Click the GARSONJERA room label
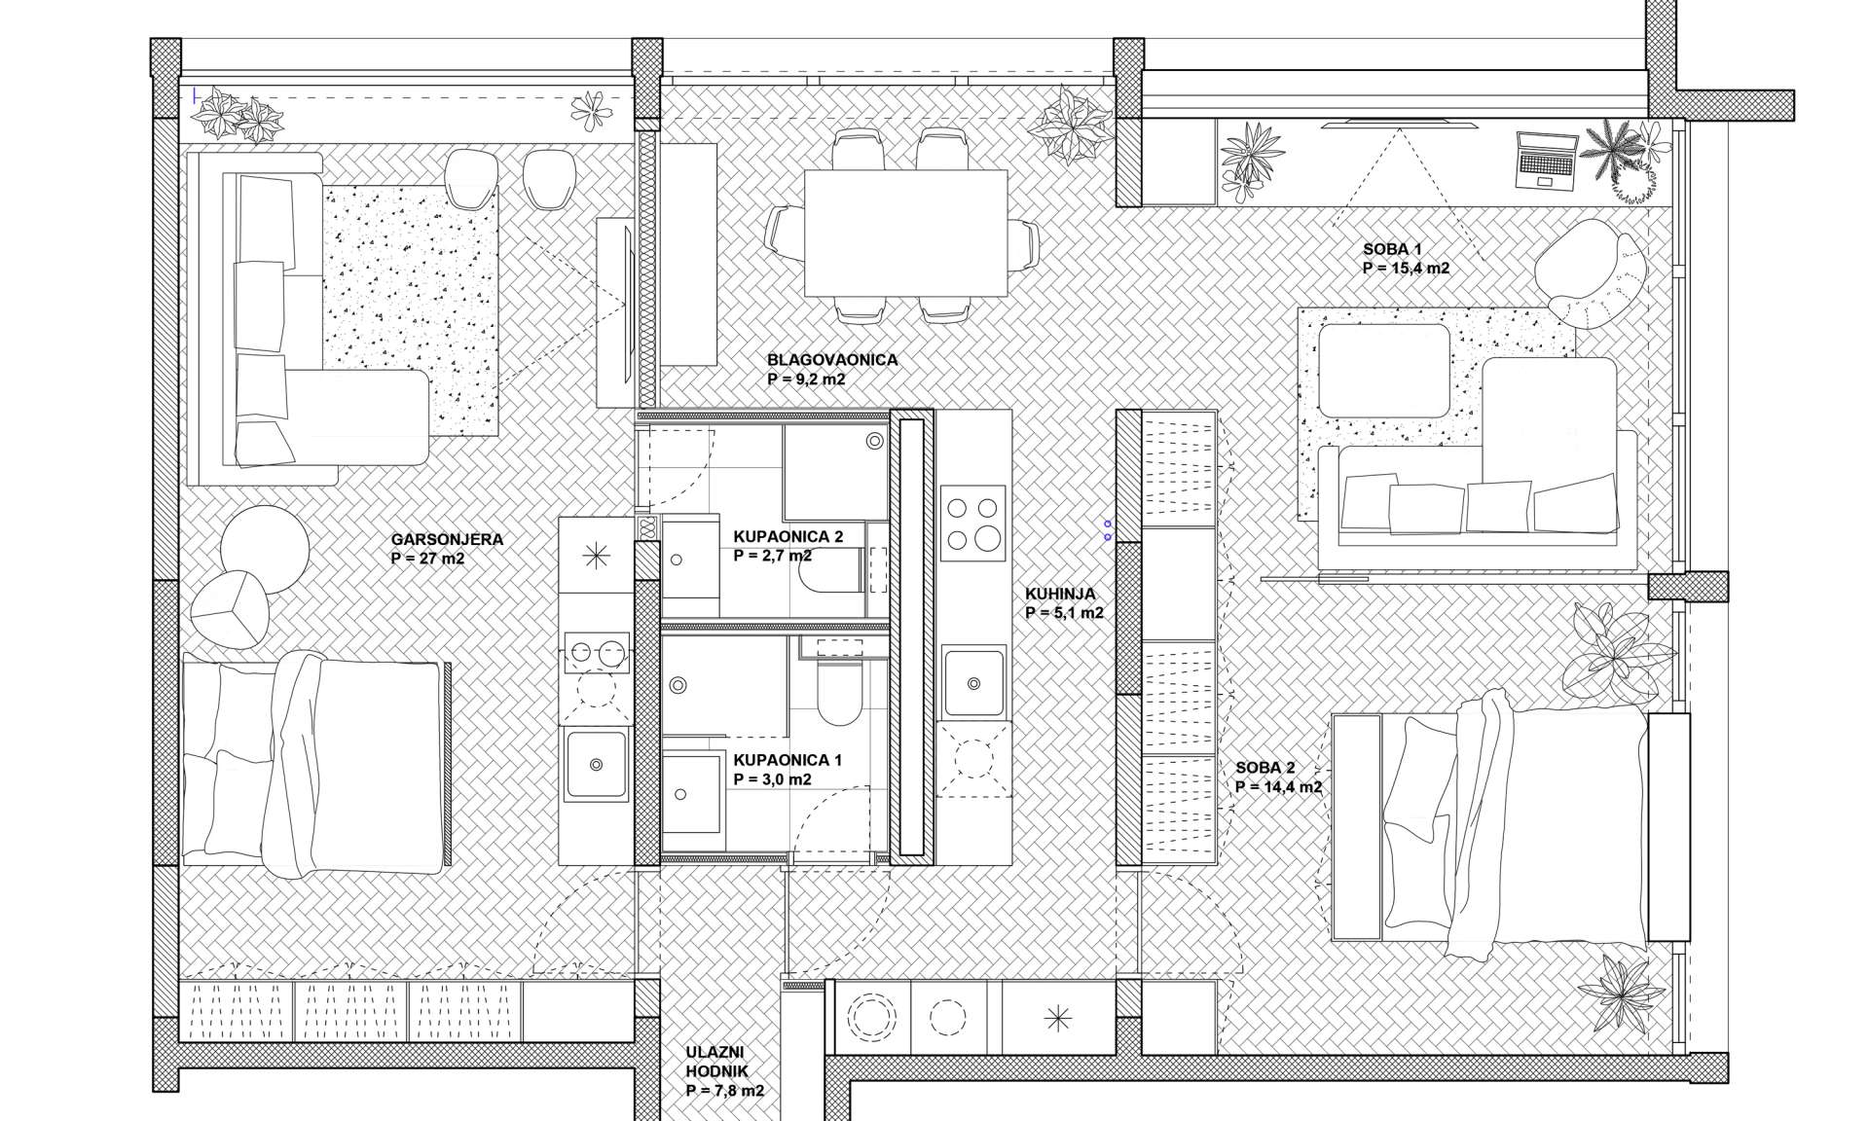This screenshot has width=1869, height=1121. click(x=433, y=539)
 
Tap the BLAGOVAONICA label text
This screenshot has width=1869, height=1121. click(x=832, y=360)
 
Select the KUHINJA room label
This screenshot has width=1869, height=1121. click(x=1060, y=594)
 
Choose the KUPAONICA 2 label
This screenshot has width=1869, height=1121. click(x=788, y=536)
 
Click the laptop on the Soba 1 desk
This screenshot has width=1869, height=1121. click(x=1545, y=161)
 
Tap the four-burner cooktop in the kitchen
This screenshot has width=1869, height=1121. click(x=973, y=524)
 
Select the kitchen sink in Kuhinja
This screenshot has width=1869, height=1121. click(x=974, y=683)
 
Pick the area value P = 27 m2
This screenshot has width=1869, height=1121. click(x=427, y=559)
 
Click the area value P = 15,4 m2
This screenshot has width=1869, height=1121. click(x=1407, y=269)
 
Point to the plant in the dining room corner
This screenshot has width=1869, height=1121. click(x=1072, y=126)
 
